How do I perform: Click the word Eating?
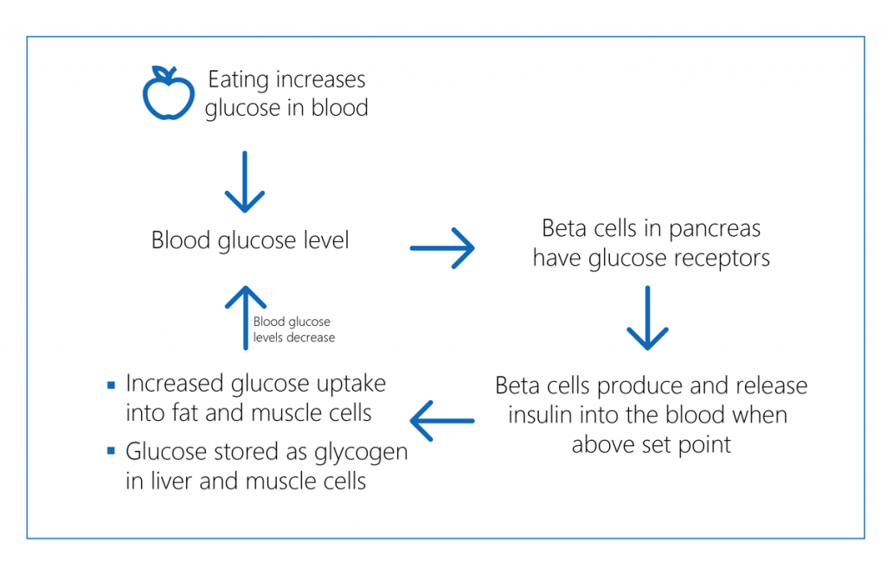(239, 80)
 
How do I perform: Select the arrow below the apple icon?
(245, 182)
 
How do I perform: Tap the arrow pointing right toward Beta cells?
(442, 249)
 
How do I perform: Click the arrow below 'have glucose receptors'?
(647, 318)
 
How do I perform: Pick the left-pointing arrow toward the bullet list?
(442, 421)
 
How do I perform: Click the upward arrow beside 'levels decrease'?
(245, 317)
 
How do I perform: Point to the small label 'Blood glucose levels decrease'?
(293, 329)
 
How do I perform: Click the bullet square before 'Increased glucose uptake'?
(110, 385)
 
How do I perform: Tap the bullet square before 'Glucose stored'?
(110, 451)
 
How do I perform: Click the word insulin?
(537, 415)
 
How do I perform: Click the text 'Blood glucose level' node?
(250, 239)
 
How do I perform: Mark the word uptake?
(348, 383)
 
